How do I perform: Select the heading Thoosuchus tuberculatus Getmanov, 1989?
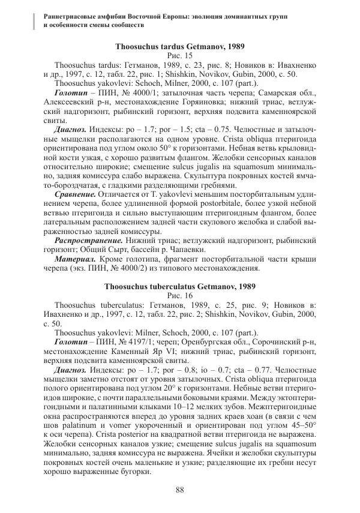[x=179, y=287]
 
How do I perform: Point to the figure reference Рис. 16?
[x=179, y=296]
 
